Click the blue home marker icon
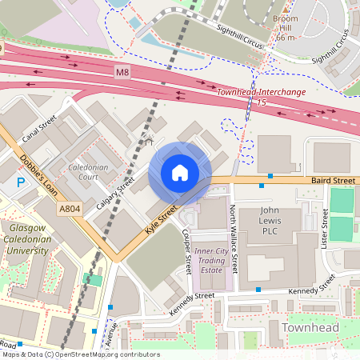pyautogui.click(x=180, y=173)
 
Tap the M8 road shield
pyautogui.click(x=122, y=73)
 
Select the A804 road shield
pyautogui.click(x=70, y=210)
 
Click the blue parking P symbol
pyautogui.click(x=21, y=183)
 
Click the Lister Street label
pyautogui.click(x=326, y=227)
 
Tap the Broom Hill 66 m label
pyautogui.click(x=286, y=27)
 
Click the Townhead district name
pyautogui.click(x=310, y=328)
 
